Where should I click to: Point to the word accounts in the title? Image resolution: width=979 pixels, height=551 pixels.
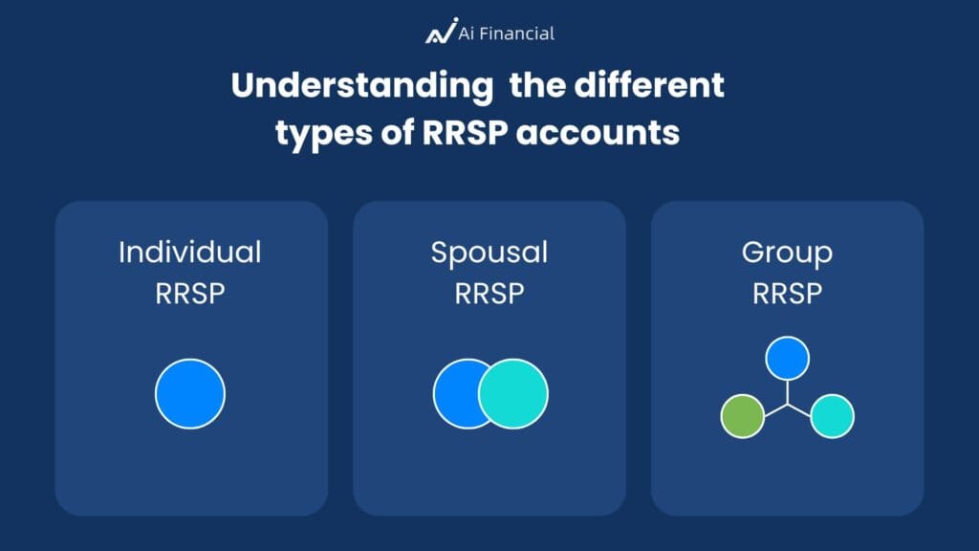[598, 133]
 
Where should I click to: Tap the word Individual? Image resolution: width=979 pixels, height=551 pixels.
[190, 253]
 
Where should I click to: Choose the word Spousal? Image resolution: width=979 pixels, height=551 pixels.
[489, 253]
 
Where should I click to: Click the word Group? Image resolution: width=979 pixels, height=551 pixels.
[787, 253]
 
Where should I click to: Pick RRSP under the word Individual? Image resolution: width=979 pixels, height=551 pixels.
[190, 293]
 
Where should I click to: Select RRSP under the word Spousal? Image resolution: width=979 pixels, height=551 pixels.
[489, 293]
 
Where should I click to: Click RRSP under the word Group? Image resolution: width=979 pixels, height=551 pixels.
[787, 293]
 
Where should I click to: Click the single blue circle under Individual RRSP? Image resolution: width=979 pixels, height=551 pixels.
[190, 393]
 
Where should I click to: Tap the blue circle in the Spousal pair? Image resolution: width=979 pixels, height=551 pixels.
[454, 393]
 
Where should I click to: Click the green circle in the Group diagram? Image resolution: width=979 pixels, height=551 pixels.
[742, 416]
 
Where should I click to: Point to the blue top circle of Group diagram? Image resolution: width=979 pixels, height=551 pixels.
[787, 359]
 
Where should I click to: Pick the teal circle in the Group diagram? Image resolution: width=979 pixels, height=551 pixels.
[832, 416]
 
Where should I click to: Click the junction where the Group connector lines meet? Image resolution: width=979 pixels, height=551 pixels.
[787, 404]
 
